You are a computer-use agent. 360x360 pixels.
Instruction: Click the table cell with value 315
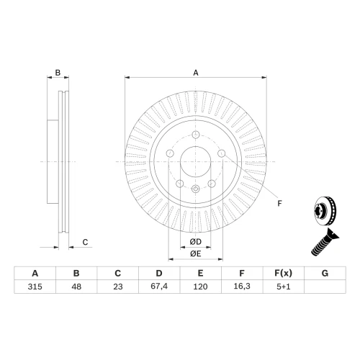click(35, 287)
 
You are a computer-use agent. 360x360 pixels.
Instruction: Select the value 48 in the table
click(76, 287)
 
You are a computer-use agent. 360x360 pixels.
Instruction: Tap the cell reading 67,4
click(159, 286)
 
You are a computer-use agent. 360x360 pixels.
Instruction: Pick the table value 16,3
click(242, 286)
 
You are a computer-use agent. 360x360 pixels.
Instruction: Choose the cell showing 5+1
click(284, 287)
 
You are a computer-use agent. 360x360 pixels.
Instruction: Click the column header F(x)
click(284, 273)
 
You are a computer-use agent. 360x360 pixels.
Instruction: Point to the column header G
click(325, 273)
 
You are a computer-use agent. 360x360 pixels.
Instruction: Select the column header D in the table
click(159, 273)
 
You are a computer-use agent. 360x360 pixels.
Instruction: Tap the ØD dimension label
click(196, 242)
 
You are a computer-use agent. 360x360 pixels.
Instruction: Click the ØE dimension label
click(196, 253)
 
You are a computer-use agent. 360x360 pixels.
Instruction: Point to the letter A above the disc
click(196, 73)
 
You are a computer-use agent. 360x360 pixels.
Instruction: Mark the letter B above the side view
click(58, 73)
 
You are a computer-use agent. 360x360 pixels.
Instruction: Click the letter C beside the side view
click(85, 242)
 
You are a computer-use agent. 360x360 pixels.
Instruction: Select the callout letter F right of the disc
click(279, 204)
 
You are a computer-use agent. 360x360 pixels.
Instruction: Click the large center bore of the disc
click(196, 161)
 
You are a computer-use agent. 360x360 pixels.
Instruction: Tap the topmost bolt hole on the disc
click(196, 135)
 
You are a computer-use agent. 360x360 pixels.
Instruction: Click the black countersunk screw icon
click(325, 243)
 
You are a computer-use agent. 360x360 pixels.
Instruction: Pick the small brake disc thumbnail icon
click(325, 211)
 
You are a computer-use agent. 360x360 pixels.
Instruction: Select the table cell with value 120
click(200, 287)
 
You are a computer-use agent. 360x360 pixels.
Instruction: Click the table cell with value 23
click(118, 287)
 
